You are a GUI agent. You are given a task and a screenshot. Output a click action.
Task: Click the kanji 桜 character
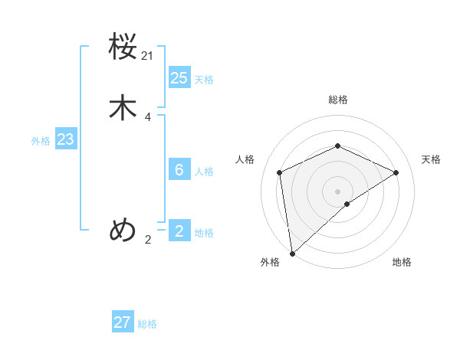[x=123, y=48]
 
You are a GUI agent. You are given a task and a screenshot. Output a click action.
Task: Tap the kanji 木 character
[x=123, y=108]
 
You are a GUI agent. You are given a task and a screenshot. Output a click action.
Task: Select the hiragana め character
[x=123, y=229]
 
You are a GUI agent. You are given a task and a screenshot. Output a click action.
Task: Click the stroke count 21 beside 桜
[x=148, y=56]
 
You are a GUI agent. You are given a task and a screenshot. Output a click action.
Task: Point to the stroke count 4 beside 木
[x=148, y=117]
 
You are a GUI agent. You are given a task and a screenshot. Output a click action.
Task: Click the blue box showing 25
[x=179, y=77]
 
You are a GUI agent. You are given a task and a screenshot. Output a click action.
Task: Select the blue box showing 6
[x=179, y=169]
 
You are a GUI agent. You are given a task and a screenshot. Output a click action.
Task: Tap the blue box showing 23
[x=65, y=139]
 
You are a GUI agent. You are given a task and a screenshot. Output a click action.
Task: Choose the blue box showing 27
[x=123, y=322]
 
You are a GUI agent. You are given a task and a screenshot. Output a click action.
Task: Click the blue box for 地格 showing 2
[x=179, y=231]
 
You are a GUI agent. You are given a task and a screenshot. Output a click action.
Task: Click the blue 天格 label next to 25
[x=204, y=80]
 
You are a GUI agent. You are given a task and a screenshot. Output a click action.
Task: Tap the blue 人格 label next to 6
[x=204, y=172]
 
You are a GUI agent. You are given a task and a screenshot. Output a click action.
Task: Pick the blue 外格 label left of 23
[x=41, y=141]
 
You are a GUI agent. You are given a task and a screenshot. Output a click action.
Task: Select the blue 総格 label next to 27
[x=147, y=325]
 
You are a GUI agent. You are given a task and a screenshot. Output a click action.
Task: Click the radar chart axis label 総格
[x=337, y=100]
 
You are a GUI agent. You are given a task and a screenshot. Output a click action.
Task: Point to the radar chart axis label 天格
[x=432, y=159]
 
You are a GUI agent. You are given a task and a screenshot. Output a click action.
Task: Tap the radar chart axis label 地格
[x=402, y=263]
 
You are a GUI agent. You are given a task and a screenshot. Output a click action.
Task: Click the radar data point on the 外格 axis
[x=291, y=254]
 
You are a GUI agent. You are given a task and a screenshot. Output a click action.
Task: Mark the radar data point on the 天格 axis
[x=396, y=172]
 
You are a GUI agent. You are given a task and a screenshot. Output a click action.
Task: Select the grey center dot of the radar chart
[x=337, y=191]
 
